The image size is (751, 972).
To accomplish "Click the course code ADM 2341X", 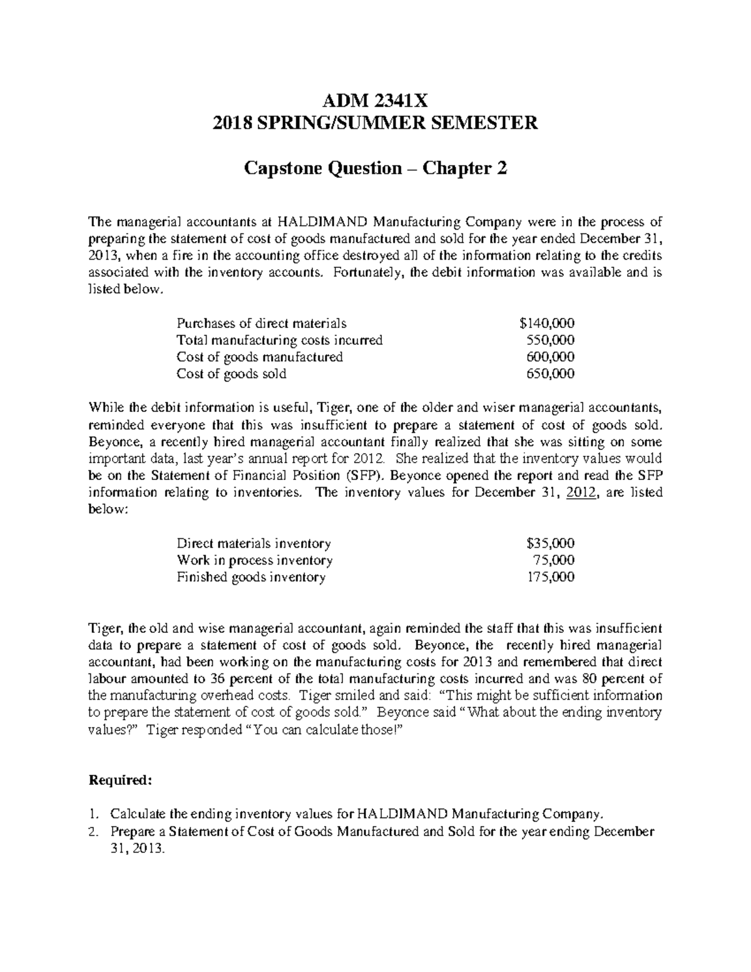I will [x=375, y=100].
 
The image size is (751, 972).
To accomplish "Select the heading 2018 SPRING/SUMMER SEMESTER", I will [x=375, y=123].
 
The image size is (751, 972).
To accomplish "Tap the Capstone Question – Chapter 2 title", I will [x=375, y=168].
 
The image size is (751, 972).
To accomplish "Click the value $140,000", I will [x=546, y=324].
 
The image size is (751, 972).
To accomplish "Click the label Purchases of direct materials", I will [x=262, y=324].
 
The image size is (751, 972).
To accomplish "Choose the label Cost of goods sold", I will [x=232, y=374].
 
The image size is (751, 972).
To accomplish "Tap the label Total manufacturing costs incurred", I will [x=280, y=340].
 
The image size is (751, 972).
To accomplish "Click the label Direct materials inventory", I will [x=254, y=543].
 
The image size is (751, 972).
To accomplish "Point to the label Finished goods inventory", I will [x=251, y=577].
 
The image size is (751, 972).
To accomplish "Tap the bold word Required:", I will [x=120, y=780].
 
